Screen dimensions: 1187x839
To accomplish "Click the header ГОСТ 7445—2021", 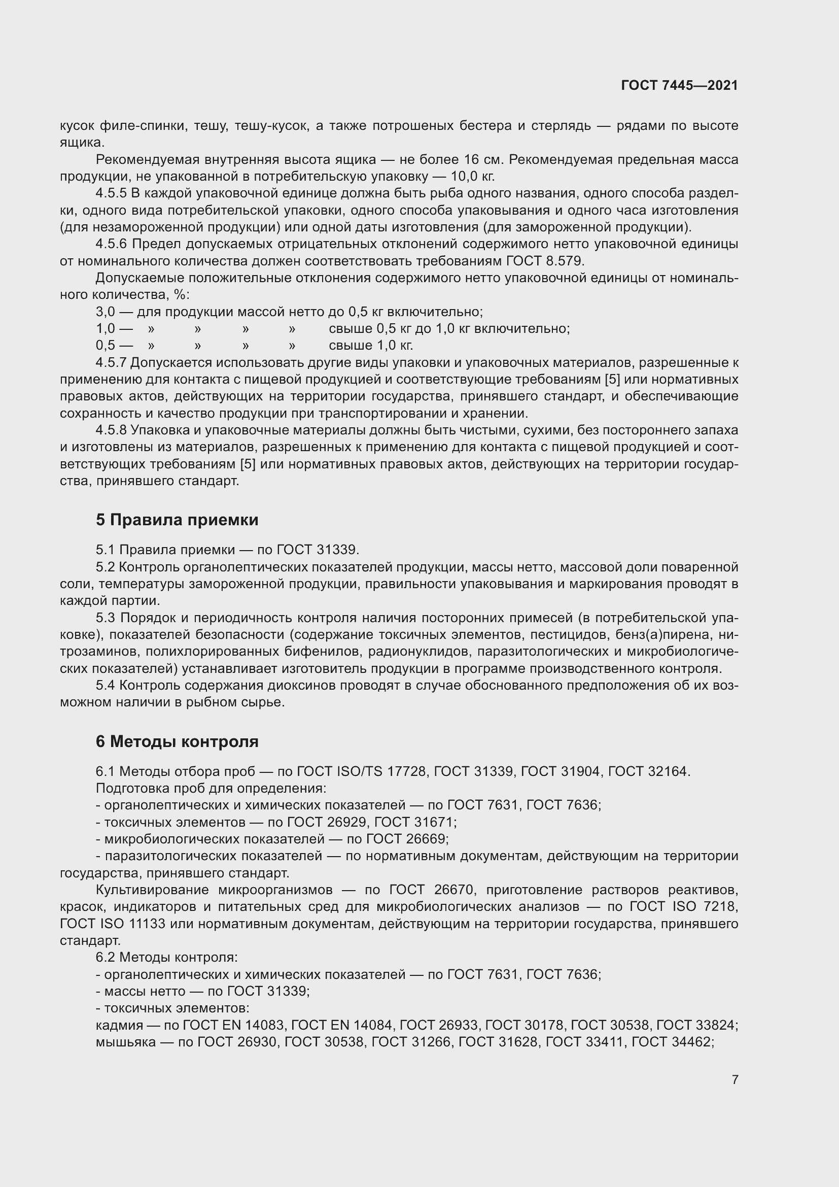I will [x=679, y=85].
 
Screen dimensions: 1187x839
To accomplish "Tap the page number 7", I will [x=735, y=1079].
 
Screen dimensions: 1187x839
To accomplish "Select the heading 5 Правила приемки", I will [x=177, y=520].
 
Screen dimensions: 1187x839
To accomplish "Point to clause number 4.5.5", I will [x=111, y=193].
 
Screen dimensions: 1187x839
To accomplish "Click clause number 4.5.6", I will [x=111, y=244].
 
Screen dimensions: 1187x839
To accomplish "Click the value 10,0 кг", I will [x=472, y=176].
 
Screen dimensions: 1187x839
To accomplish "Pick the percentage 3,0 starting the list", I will [x=105, y=312].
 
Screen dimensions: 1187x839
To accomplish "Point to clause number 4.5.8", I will [x=111, y=430].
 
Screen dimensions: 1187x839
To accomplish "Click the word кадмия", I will [x=119, y=1025].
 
